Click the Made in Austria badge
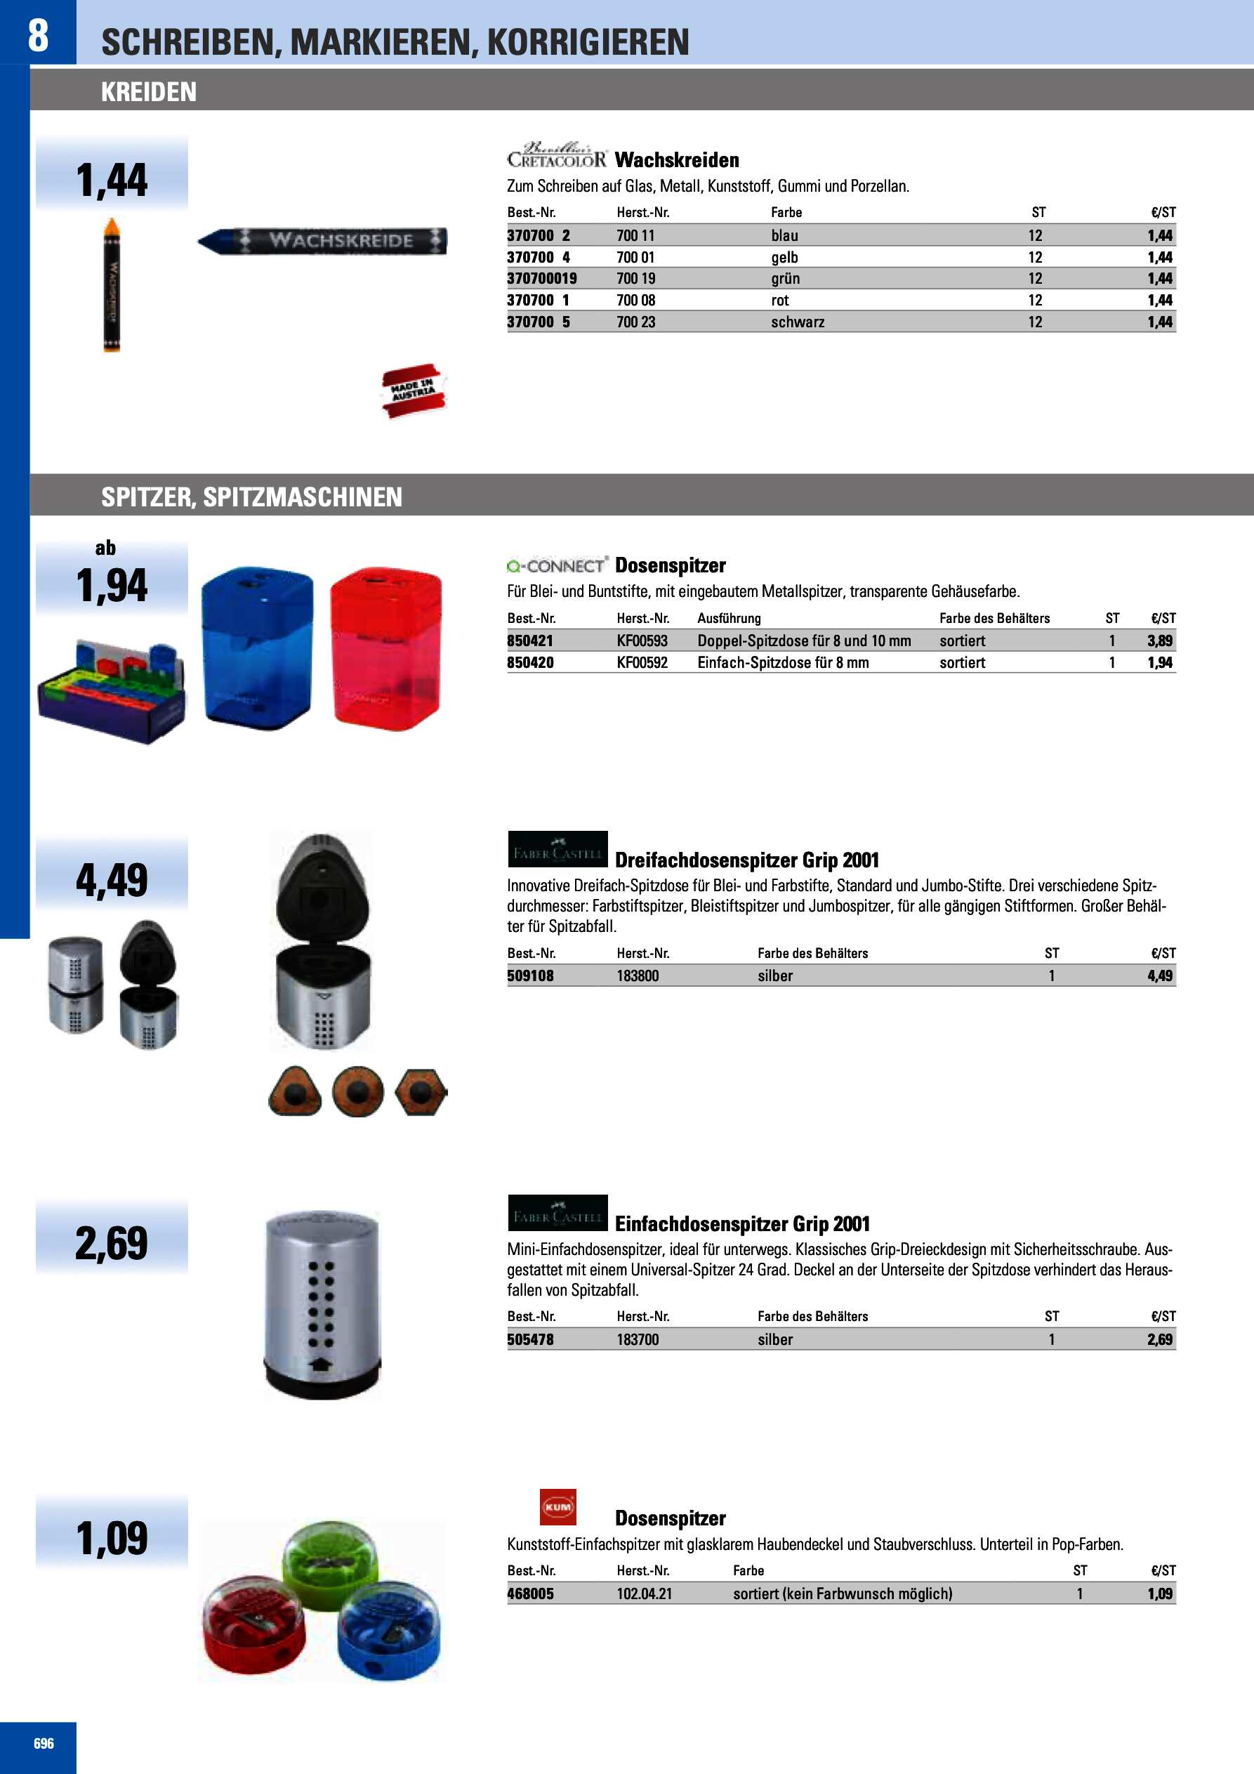(414, 391)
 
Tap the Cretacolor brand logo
(556, 156)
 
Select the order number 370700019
(541, 279)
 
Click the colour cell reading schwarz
(798, 322)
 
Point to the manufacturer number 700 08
(636, 301)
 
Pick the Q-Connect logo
(557, 565)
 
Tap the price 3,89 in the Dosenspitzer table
(1159, 640)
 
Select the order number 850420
(530, 663)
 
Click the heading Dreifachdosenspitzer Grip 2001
(746, 860)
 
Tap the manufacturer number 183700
(638, 1340)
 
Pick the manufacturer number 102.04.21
(644, 1594)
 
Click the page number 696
(44, 1744)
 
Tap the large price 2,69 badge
(111, 1243)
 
